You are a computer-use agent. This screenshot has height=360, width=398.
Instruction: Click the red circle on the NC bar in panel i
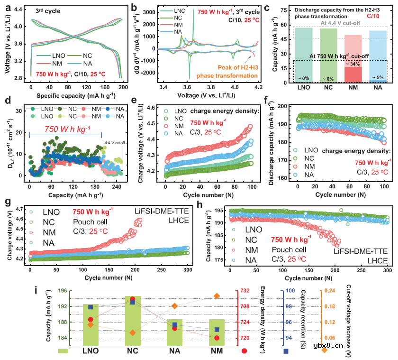tap(133, 299)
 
